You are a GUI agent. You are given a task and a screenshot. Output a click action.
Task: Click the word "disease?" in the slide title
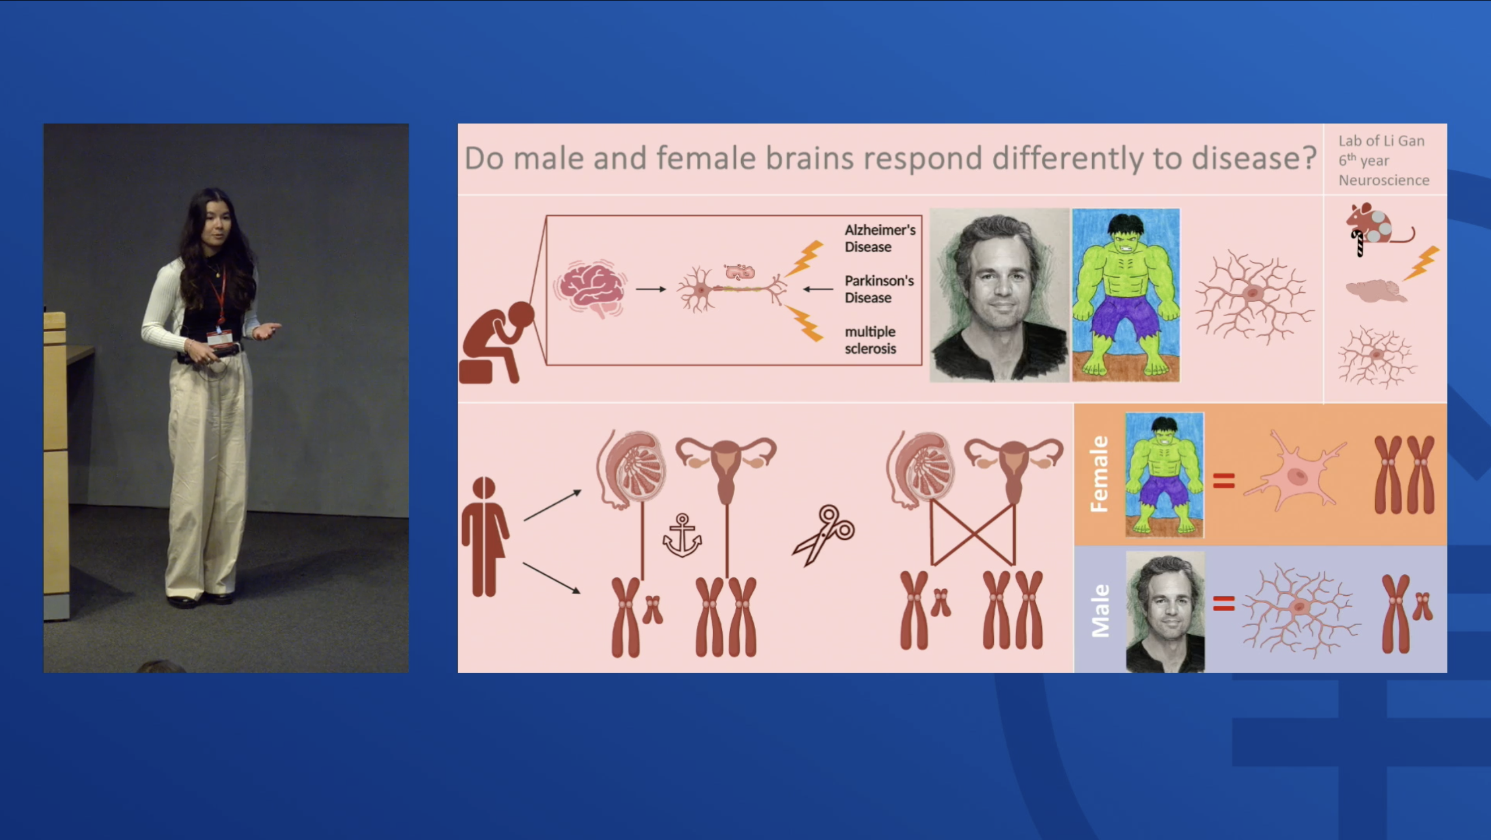pos(1253,158)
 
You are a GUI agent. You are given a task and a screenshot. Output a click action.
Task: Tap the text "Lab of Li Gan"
pos(1381,141)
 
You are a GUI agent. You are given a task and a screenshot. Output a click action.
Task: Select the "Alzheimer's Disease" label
pos(880,239)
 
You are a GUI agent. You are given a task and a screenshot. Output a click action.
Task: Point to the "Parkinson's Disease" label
pos(879,289)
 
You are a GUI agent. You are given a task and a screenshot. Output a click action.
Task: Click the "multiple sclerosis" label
pos(871,340)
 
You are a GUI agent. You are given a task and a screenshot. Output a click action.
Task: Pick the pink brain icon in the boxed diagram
pos(591,288)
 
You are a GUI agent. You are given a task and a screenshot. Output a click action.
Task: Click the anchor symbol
pos(682,536)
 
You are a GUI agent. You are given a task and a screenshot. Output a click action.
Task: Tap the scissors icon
pos(824,535)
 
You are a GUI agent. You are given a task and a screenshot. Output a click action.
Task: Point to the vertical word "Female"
pos(1098,474)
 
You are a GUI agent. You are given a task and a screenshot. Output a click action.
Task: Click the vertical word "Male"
pos(1100,610)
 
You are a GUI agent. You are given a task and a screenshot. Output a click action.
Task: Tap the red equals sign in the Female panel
pos(1223,480)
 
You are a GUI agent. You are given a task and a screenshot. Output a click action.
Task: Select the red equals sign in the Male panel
pos(1223,603)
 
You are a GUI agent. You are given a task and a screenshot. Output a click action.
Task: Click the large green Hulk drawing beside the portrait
pos(1126,295)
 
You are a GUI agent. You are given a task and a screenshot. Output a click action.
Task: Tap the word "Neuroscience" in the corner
pos(1384,180)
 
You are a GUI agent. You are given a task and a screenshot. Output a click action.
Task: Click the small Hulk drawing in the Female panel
pos(1165,475)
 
